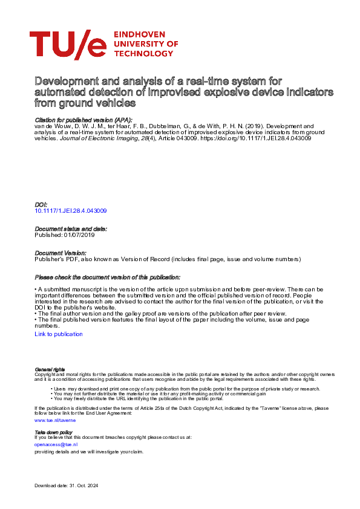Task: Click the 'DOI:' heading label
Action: (x=41, y=205)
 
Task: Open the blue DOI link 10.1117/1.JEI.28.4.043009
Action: (x=71, y=211)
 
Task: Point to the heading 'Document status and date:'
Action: (x=71, y=229)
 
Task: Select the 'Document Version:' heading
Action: (x=61, y=253)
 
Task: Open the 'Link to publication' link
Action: (x=59, y=334)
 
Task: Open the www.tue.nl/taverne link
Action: (x=55, y=419)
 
